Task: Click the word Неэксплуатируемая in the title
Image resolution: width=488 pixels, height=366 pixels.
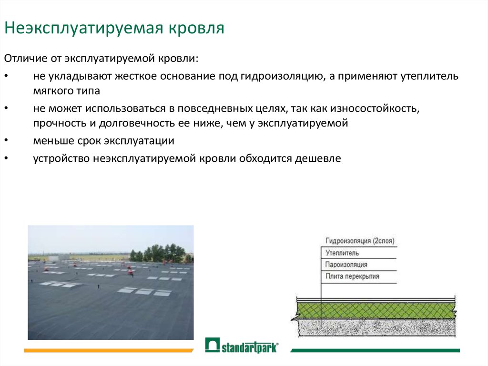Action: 84,28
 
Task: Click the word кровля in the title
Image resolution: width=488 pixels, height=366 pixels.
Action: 196,28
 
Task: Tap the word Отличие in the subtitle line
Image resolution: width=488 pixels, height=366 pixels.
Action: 26,58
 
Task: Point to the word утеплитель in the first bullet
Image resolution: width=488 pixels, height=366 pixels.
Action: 429,76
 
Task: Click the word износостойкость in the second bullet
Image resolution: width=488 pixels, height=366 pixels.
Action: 375,108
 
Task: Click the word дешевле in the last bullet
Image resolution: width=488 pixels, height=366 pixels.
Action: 318,159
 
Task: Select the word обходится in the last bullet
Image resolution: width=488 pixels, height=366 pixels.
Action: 265,159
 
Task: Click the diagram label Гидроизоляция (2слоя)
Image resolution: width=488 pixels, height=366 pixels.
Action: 360,241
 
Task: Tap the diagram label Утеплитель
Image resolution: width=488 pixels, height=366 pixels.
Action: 342,253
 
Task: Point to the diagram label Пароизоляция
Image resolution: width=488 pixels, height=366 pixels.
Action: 346,265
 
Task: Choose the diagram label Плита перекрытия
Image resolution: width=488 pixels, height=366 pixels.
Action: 352,276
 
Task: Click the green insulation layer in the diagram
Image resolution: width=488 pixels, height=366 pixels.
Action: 376,310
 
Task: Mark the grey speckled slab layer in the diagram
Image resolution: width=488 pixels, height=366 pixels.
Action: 376,327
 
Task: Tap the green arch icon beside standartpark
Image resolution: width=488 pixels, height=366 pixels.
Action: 213,345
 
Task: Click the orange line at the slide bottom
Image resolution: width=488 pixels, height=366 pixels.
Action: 109,350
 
